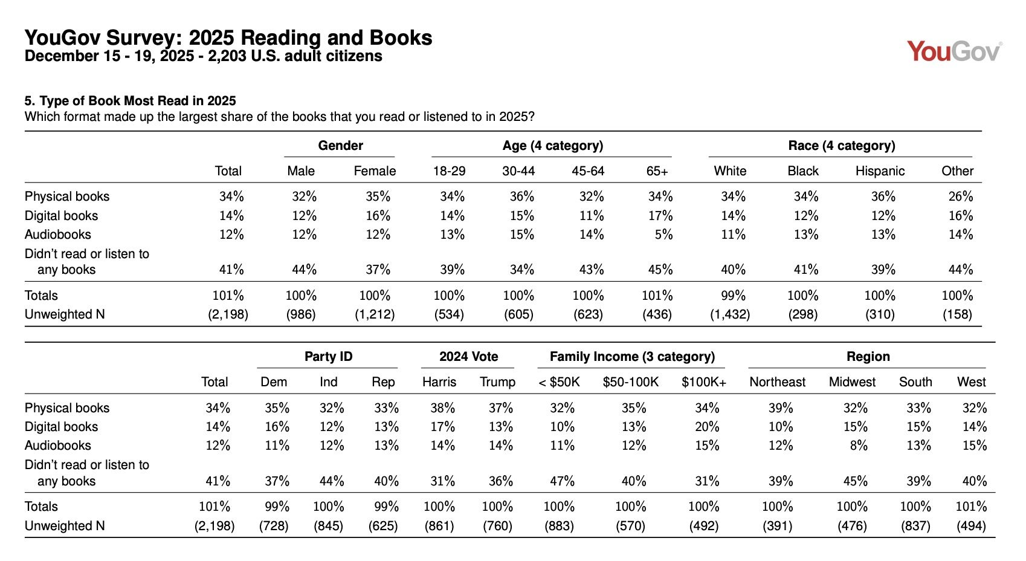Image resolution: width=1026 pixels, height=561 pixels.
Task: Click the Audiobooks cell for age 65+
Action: pos(663,235)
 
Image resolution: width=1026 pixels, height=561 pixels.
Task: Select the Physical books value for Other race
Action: pos(960,196)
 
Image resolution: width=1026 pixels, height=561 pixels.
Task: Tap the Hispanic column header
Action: pos(880,171)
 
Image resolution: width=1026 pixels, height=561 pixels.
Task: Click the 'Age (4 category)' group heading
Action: pos(552,146)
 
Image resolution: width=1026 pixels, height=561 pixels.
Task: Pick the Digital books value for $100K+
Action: pos(706,427)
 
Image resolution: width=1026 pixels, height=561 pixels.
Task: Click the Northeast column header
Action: pos(777,382)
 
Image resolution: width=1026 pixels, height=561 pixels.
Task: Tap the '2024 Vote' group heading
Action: pos(468,357)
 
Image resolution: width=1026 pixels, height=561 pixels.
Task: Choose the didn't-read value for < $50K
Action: pos(561,481)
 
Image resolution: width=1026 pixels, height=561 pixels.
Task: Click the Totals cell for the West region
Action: pos(971,507)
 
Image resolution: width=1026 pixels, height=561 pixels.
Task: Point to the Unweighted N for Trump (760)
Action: pos(497,526)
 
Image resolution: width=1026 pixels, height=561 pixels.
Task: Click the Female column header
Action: pos(375,171)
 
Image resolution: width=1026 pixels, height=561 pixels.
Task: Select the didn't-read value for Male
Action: pos(304,270)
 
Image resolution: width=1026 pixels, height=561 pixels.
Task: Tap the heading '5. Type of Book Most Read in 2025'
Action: pos(130,101)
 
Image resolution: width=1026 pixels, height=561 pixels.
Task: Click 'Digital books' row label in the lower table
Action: pos(61,427)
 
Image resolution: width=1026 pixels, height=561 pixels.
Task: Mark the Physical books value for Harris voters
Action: pos(442,408)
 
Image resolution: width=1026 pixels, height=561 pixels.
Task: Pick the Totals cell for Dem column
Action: pos(277,507)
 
